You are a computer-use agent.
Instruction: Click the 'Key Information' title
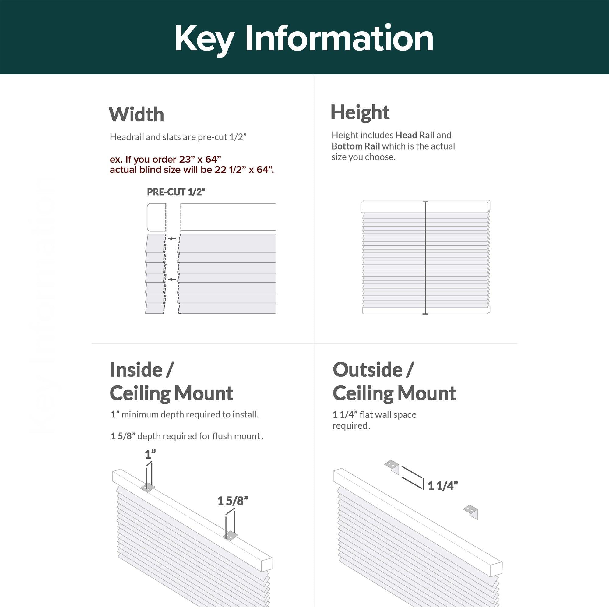point(304,38)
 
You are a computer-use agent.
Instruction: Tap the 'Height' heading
point(360,112)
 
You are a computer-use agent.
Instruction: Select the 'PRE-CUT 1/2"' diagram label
point(176,192)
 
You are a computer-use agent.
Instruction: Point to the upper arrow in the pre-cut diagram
point(172,239)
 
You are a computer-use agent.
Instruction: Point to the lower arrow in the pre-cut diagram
point(172,279)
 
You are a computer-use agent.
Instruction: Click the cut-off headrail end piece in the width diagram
point(156,217)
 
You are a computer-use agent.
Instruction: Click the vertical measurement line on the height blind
point(426,258)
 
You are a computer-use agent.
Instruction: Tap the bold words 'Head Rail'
point(415,135)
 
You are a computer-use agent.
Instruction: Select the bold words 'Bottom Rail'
point(356,146)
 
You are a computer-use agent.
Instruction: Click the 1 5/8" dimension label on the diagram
point(233,501)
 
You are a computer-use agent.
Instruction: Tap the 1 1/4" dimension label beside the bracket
point(442,486)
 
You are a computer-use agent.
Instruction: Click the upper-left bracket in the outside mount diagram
point(392,465)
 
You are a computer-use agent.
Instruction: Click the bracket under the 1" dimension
point(147,488)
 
